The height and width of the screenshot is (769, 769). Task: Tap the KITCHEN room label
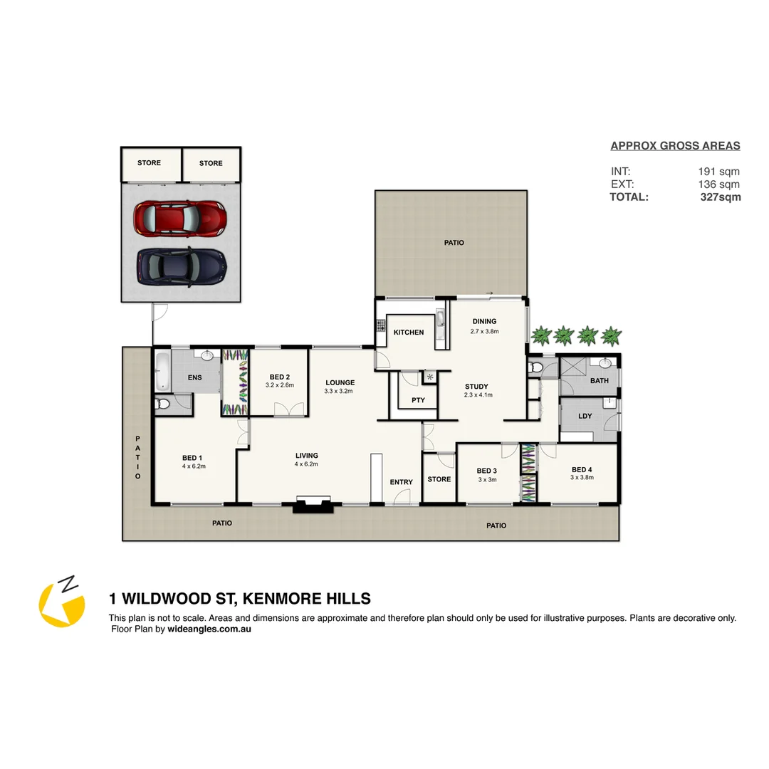(409, 333)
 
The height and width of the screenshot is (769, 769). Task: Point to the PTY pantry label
(418, 400)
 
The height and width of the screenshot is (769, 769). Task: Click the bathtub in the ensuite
(162, 371)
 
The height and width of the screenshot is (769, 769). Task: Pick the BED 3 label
(486, 471)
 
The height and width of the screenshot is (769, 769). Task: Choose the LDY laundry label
(585, 416)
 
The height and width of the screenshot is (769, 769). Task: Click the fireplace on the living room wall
(313, 506)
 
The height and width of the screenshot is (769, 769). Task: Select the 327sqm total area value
(720, 197)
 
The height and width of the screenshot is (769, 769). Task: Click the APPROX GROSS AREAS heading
(675, 146)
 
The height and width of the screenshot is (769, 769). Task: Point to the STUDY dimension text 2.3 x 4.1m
(478, 395)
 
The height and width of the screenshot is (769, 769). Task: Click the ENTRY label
(401, 482)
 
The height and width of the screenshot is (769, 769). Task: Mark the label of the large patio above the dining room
(454, 243)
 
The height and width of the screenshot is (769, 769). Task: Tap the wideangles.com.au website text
(209, 629)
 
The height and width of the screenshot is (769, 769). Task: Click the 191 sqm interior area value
(718, 172)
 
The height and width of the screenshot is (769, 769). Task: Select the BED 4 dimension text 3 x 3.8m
(581, 478)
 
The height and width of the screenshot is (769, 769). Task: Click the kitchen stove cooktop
(380, 326)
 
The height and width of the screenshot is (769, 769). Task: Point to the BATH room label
(599, 380)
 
